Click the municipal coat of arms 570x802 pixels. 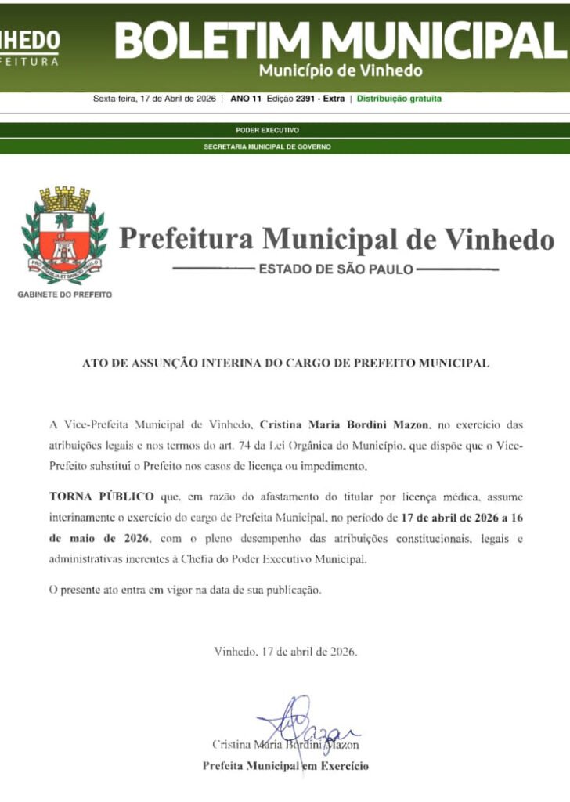click(x=65, y=235)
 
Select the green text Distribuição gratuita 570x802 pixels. click(x=399, y=99)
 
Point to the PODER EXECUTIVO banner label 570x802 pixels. click(x=267, y=130)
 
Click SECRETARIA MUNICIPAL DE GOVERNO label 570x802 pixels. click(x=267, y=146)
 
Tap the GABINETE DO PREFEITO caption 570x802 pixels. click(x=64, y=294)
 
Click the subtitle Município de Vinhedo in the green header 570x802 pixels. click(x=341, y=71)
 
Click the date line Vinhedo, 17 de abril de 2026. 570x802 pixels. click(x=285, y=652)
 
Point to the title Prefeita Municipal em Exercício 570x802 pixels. click(x=285, y=766)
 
